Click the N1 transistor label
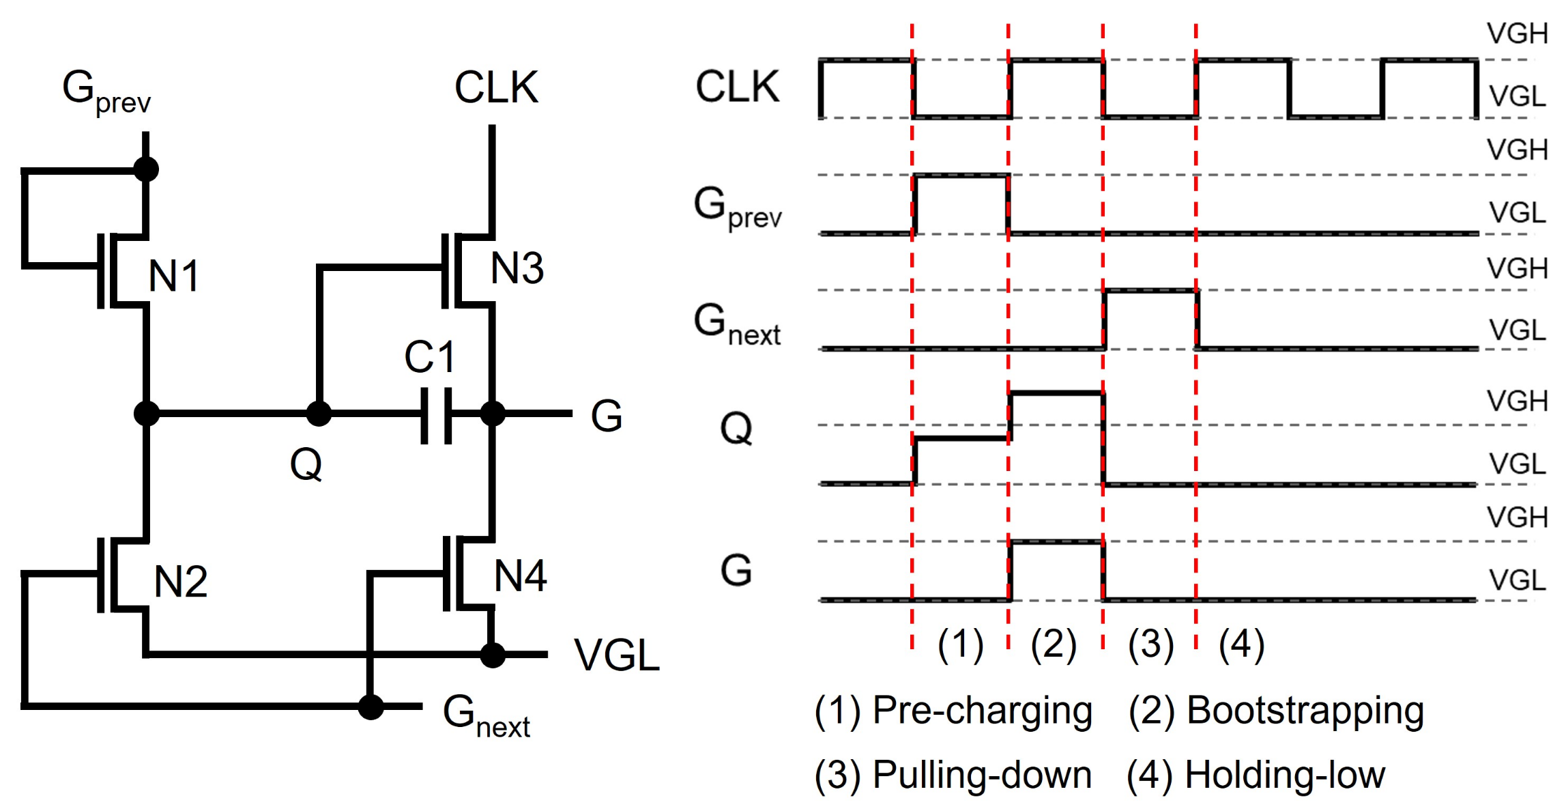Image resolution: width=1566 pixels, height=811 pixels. pos(174,276)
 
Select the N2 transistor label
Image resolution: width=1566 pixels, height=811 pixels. pos(180,582)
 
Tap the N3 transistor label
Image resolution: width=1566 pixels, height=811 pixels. pos(517,268)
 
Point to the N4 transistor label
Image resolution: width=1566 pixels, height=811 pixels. pos(520,576)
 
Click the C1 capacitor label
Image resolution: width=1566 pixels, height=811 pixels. pos(429,357)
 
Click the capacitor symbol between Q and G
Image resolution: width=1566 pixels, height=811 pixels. pos(436,415)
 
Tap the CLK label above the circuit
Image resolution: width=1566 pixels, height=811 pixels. pos(496,88)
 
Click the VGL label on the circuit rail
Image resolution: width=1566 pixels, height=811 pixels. pos(616,655)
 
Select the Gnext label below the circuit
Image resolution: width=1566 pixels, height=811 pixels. pos(485,716)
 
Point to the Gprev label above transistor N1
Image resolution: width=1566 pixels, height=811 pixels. pos(106,91)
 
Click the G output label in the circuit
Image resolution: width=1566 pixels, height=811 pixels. pos(606,416)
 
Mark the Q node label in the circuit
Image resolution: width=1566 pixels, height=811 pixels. pos(306,466)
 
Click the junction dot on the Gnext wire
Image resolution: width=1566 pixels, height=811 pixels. pos(371,707)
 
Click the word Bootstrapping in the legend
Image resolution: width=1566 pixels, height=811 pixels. pos(1305,711)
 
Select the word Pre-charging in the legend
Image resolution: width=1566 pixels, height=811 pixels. pos(982,711)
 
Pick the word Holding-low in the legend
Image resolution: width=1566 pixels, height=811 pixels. pos(1284,776)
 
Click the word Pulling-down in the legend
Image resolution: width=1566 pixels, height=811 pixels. pos(982,776)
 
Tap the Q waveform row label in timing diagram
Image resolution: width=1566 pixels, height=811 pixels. pos(736,429)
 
